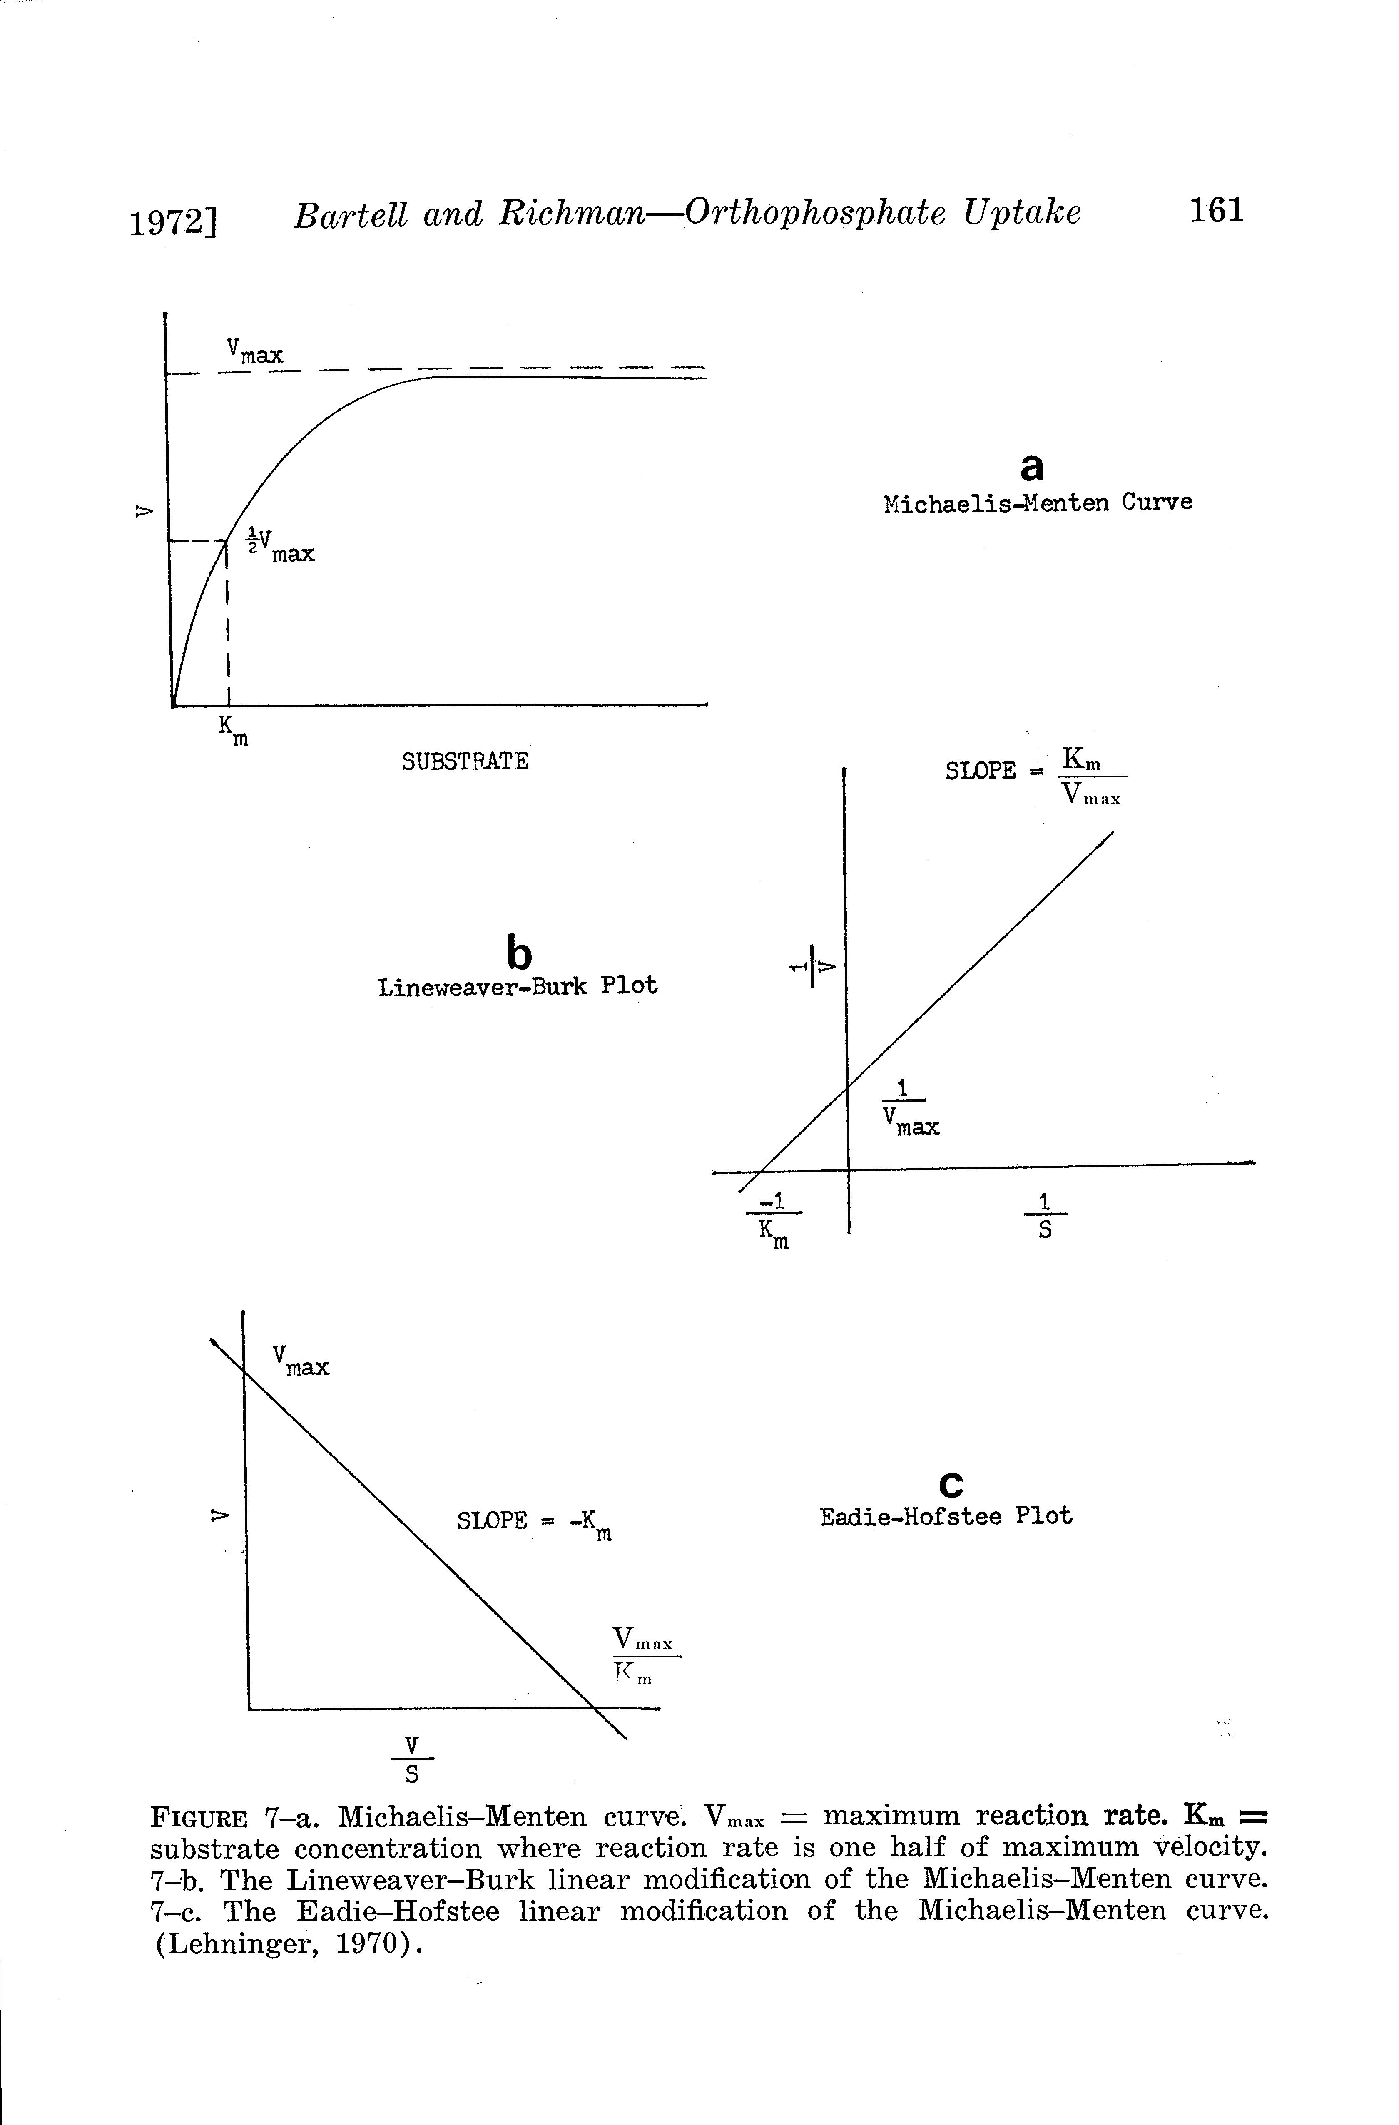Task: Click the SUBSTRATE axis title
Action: coord(464,761)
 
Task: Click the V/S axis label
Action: coord(411,1759)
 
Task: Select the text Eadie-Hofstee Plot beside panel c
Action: coord(946,1516)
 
